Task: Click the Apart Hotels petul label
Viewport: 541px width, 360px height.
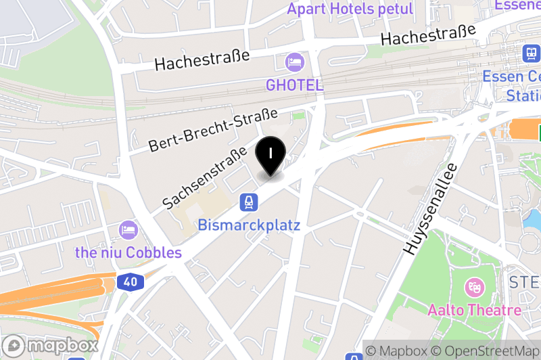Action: coord(350,9)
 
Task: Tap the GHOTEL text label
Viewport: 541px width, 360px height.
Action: coord(294,85)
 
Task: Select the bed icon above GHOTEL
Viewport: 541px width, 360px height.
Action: coord(294,63)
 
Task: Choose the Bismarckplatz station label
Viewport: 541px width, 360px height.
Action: coord(249,225)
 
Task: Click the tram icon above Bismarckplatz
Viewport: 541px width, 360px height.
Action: coord(249,202)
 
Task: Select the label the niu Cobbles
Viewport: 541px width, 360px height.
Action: coord(128,252)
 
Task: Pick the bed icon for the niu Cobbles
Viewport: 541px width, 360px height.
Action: coord(127,229)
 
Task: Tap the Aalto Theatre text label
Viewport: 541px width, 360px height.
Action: coord(474,310)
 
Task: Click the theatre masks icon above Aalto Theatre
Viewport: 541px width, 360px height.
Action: coord(475,287)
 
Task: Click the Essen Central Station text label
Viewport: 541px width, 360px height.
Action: coord(511,85)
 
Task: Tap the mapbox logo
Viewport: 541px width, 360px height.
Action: coord(50,345)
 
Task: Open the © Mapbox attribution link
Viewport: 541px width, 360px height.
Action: coord(396,351)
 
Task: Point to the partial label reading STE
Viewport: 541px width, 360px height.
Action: coord(525,282)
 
